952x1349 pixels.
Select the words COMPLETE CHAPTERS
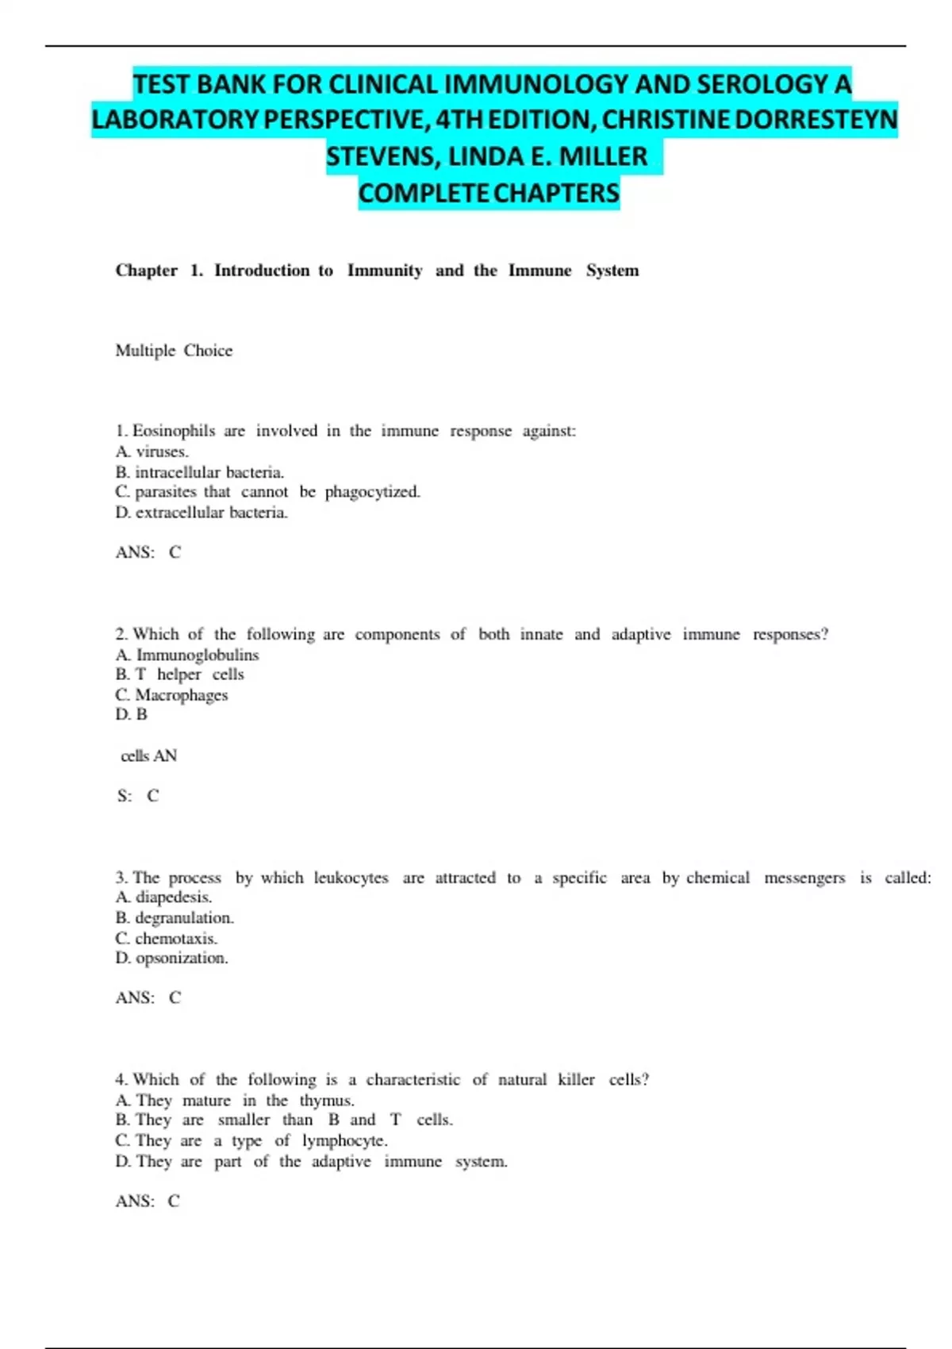click(489, 193)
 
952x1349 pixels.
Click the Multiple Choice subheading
click(174, 351)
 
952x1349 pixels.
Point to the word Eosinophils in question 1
click(174, 431)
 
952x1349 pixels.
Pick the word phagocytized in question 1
click(372, 492)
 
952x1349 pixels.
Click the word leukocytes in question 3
click(351, 878)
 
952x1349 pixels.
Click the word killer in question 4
click(576, 1080)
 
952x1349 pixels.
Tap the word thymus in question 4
click(326, 1101)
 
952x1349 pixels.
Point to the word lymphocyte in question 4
click(344, 1141)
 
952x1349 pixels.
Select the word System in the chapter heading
click(612, 271)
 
